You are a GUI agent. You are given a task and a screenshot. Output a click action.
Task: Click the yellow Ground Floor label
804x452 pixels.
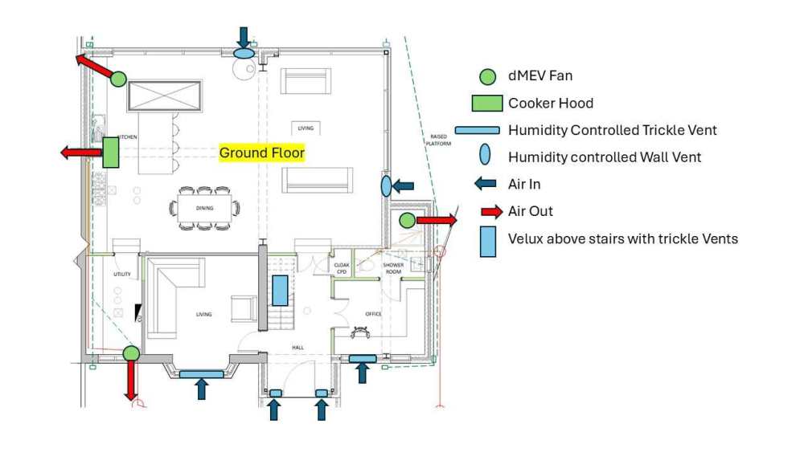262,153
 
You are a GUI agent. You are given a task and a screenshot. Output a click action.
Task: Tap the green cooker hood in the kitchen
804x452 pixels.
111,153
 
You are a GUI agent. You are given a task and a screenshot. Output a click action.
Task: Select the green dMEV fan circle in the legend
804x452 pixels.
486,77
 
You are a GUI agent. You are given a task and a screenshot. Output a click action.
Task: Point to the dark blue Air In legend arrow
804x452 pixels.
486,184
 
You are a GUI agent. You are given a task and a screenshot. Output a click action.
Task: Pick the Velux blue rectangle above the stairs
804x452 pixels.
280,290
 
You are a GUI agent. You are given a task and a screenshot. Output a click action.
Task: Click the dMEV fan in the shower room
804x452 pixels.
407,220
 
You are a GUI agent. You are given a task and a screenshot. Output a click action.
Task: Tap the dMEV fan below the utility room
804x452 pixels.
130,352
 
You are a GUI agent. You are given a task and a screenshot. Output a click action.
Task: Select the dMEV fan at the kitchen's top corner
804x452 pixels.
118,79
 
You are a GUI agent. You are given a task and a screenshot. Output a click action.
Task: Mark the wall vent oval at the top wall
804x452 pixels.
244,53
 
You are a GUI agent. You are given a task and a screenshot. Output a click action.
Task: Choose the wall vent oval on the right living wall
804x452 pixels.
386,186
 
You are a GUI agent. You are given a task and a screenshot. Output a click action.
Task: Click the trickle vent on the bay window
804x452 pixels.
201,374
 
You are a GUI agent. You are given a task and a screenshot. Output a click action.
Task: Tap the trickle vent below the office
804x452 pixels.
362,358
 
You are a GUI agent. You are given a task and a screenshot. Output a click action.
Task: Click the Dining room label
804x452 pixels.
204,209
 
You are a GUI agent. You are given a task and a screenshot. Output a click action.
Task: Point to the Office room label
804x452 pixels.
372,314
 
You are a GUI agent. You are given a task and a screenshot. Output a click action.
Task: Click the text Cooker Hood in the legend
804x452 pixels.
551,104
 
